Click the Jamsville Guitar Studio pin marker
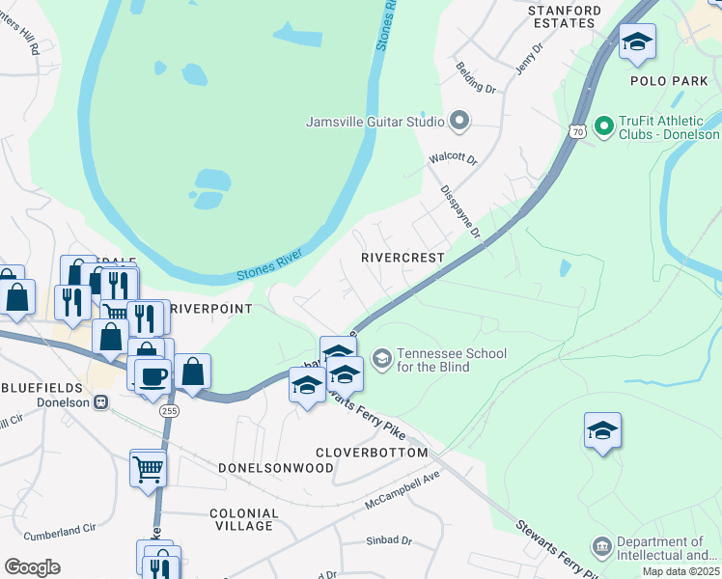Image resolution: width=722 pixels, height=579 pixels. [x=458, y=122]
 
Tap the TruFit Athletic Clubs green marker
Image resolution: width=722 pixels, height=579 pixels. [x=604, y=125]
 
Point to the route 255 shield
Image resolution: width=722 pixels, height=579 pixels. [x=170, y=410]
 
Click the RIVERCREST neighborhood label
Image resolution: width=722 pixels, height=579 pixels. [x=403, y=258]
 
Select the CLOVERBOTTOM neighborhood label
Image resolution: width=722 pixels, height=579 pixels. [x=372, y=452]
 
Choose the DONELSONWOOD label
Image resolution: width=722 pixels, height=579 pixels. [x=276, y=467]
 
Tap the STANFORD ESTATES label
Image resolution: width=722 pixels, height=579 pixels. [x=565, y=16]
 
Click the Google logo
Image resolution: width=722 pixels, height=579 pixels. [x=32, y=567]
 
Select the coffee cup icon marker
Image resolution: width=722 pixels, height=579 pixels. [x=153, y=375]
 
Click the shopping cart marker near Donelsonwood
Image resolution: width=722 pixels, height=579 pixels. [x=148, y=469]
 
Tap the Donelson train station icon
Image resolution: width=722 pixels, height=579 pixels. [x=100, y=402]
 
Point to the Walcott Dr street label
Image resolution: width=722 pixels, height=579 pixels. [x=454, y=159]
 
